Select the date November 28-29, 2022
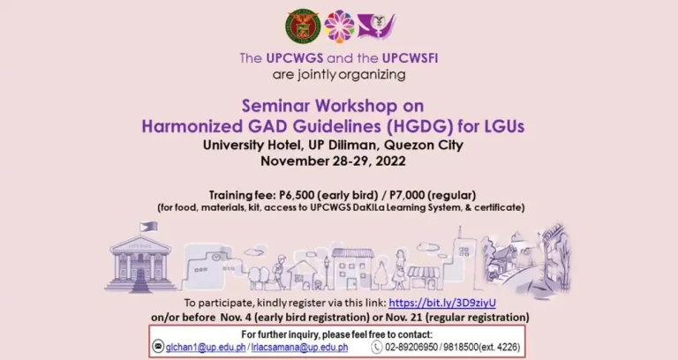(339, 161)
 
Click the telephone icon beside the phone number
(376, 348)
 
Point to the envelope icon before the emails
(158, 348)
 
